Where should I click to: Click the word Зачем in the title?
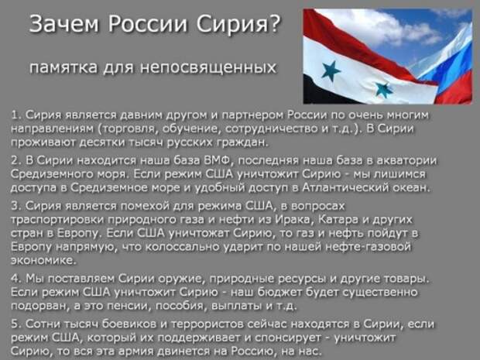point(64,24)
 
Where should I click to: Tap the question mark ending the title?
point(275,23)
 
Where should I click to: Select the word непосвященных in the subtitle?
point(208,67)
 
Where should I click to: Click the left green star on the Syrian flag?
point(331,70)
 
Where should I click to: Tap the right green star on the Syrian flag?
point(384,90)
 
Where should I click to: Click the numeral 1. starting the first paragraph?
point(16,115)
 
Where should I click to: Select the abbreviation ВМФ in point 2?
point(218,160)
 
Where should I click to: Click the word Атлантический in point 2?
point(345,187)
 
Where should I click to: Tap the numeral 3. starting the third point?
point(16,206)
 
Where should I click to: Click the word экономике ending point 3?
point(43,260)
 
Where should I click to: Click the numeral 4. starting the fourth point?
point(16,279)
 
